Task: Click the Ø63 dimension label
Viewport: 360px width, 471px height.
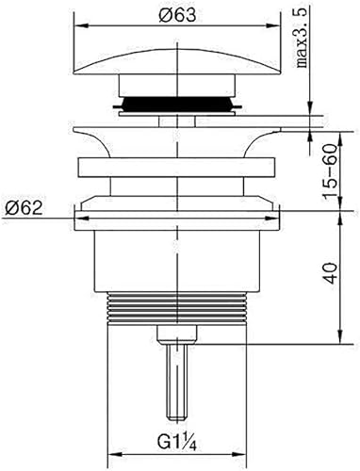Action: click(x=177, y=15)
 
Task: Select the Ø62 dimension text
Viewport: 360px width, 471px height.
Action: click(x=24, y=207)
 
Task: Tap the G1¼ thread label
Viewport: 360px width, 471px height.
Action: click(x=177, y=443)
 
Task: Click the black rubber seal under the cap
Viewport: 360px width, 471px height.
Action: click(x=177, y=104)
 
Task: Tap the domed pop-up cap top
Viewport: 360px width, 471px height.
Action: click(x=176, y=61)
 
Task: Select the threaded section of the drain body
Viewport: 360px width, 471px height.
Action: click(x=177, y=308)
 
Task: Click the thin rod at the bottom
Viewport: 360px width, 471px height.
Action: click(x=177, y=382)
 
